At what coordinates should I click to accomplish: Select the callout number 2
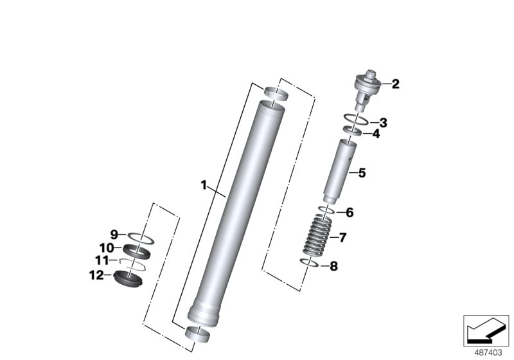point(396,84)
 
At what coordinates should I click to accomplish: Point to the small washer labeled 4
point(352,132)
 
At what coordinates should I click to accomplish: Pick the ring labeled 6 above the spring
point(326,210)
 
